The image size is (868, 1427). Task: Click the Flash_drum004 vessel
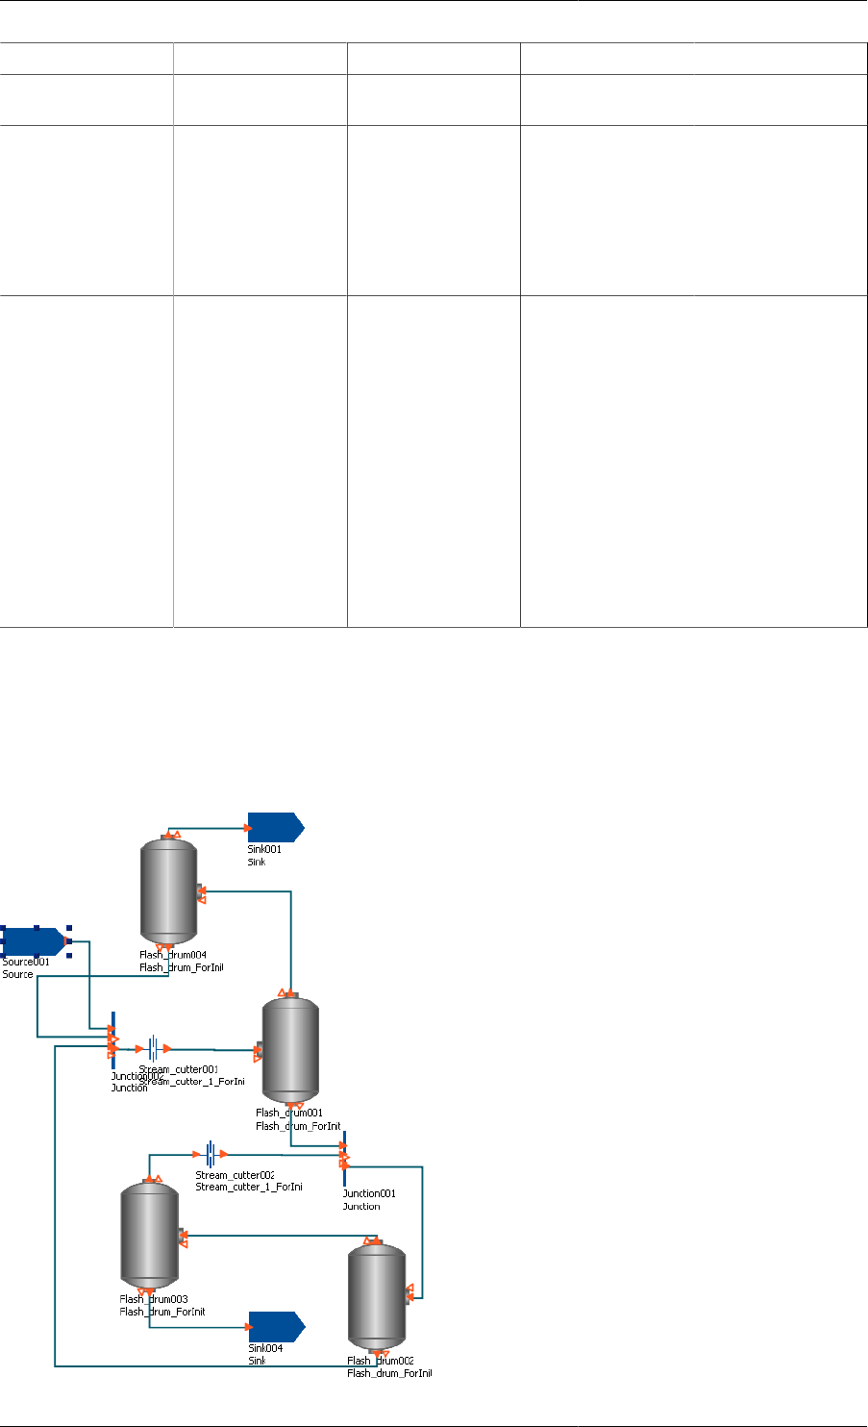pyautogui.click(x=168, y=890)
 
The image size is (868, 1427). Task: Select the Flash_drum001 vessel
pyautogui.click(x=289, y=1051)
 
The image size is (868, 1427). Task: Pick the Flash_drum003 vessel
pyautogui.click(x=149, y=1237)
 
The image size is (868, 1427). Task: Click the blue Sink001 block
pyautogui.click(x=275, y=826)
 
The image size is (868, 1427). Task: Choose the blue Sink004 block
pyautogui.click(x=276, y=1327)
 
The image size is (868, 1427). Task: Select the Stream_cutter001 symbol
pyautogui.click(x=153, y=1048)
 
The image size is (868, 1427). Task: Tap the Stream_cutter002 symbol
pyautogui.click(x=210, y=1154)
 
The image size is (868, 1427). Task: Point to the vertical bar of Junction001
pyautogui.click(x=343, y=1158)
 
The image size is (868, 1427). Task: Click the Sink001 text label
pyautogui.click(x=264, y=850)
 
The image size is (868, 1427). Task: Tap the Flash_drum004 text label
pyautogui.click(x=173, y=955)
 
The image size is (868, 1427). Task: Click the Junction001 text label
pyautogui.click(x=369, y=1193)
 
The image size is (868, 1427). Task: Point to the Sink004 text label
pyautogui.click(x=265, y=1348)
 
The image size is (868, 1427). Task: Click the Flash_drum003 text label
pyautogui.click(x=154, y=1299)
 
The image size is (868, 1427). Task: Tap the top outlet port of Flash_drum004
pyautogui.click(x=169, y=834)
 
